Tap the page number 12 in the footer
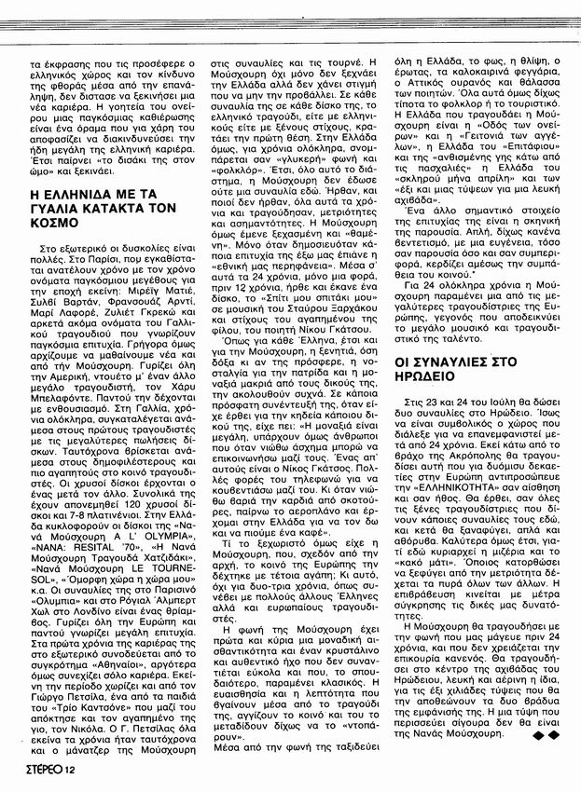point(71,769)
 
